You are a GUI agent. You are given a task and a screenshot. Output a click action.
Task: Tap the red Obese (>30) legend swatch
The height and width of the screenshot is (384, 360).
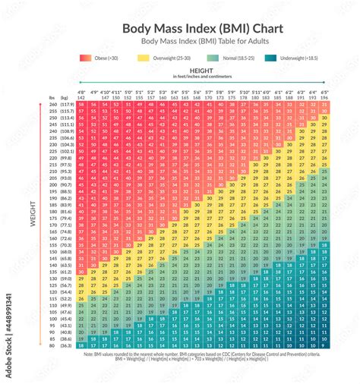click(84, 58)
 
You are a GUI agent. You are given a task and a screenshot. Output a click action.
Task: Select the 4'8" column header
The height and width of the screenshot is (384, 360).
click(81, 93)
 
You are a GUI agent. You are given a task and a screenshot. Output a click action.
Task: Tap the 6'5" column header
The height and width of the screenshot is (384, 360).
click(324, 93)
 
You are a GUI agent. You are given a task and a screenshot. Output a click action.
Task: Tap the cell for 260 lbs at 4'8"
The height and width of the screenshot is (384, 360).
click(81, 104)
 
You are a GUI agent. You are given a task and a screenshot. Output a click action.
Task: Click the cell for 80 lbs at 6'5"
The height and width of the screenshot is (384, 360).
click(324, 345)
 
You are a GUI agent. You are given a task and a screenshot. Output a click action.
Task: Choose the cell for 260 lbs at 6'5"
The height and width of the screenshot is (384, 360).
click(324, 104)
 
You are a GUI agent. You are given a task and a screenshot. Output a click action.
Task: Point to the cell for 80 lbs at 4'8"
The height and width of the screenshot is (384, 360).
click(81, 345)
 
